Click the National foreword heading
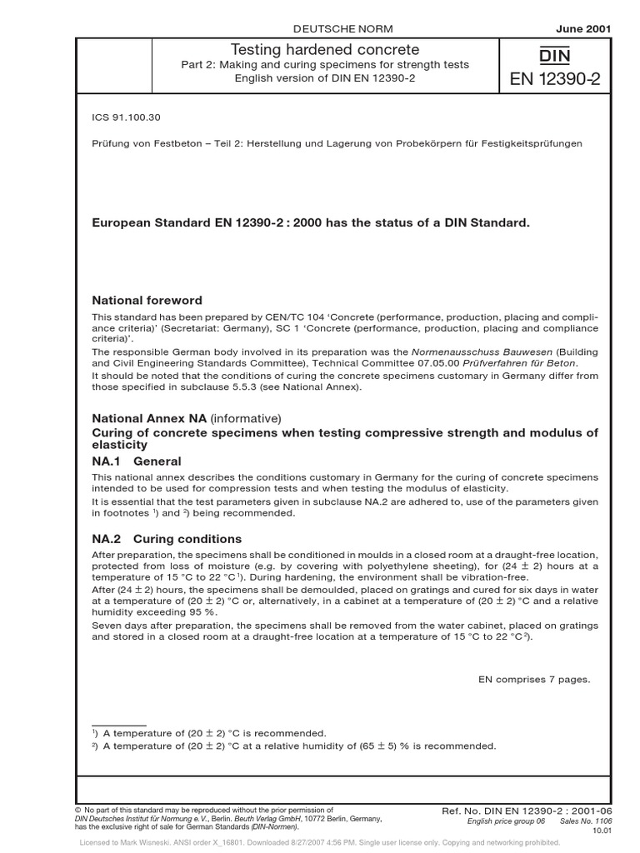(x=147, y=300)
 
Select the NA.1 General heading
(x=136, y=461)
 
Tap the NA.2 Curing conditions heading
(x=156, y=539)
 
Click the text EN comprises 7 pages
(x=533, y=679)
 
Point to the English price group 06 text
(x=507, y=821)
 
